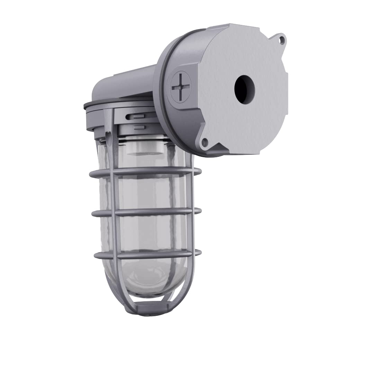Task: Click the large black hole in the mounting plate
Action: (244, 88)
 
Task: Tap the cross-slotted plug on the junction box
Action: (181, 84)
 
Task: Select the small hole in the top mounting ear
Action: (282, 40)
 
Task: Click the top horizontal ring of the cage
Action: (145, 171)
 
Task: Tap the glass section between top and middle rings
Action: (152, 192)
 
